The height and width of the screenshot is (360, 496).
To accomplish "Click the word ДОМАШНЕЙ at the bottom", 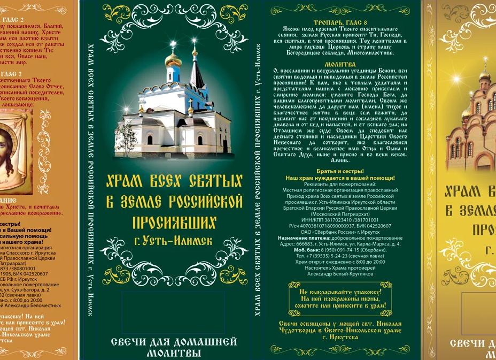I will tap(202, 342).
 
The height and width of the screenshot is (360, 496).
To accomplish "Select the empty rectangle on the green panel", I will tap(173, 305).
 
